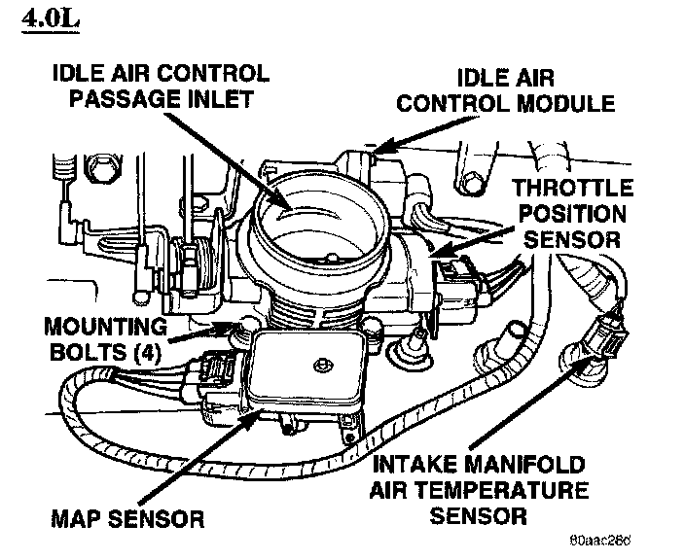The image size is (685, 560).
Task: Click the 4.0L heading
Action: coord(49,20)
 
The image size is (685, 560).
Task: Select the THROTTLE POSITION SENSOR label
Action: coord(572,211)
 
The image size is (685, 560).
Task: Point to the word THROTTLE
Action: coord(573,188)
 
